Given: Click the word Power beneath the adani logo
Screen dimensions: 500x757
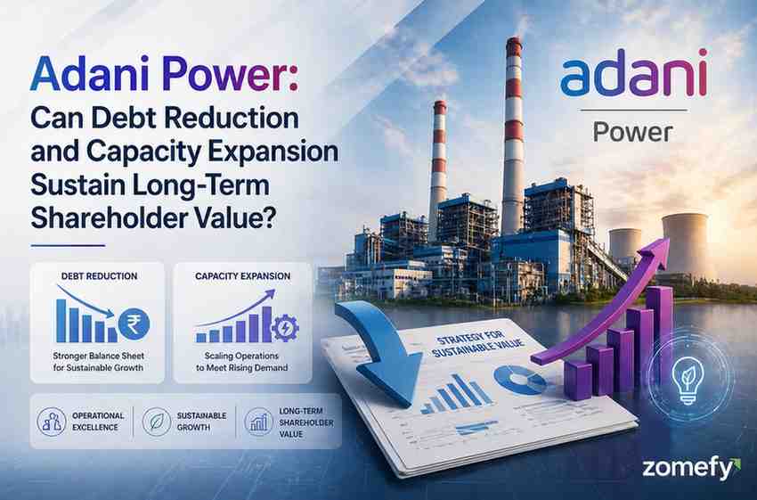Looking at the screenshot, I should click(632, 132).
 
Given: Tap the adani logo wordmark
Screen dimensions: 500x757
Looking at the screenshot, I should click(633, 78).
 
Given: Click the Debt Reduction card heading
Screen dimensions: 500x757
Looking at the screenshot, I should click(98, 276).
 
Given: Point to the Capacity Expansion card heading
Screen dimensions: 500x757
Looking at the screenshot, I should click(242, 276).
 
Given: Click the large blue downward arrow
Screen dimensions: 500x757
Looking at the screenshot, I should click(381, 343).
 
